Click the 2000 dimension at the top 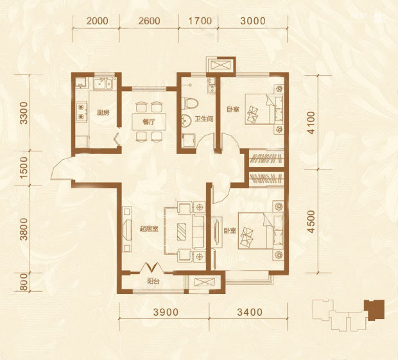pos(97,21)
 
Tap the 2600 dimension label pos(149,21)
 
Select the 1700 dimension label pos(200,21)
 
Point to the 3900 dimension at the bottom pos(166,312)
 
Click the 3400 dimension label pos(250,312)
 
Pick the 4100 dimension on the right pos(311,123)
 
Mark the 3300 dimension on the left pos(24,113)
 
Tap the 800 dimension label pos(24,282)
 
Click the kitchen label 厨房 pos(103,112)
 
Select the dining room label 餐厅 pos(149,122)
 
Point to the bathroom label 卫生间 pos(204,119)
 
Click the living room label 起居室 pos(149,229)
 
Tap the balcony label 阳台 pos(153,281)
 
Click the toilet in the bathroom pos(190,103)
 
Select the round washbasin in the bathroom pos(187,121)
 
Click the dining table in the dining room pos(149,122)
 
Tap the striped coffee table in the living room pos(181,232)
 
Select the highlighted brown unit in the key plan pos(374,309)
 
